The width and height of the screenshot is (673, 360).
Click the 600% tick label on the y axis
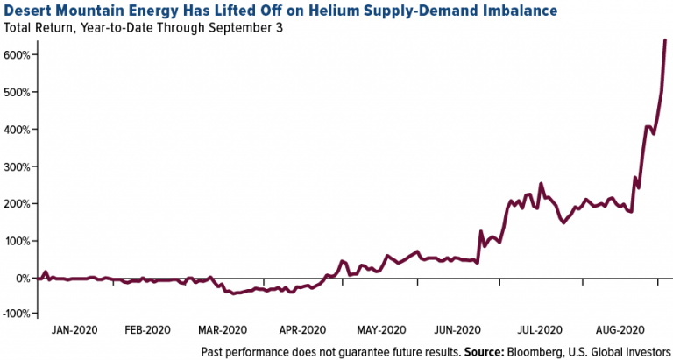tap(18, 55)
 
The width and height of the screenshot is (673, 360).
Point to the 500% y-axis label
tap(18, 92)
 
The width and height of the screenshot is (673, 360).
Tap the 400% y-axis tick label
tap(18, 130)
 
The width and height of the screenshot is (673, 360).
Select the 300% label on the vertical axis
tap(18, 166)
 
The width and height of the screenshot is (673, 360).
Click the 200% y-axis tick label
tap(18, 203)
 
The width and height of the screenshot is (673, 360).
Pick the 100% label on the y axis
tap(18, 240)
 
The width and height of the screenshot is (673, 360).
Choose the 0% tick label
tap(23, 278)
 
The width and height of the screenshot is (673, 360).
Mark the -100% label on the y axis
tap(16, 314)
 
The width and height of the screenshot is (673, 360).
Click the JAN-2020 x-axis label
tap(74, 331)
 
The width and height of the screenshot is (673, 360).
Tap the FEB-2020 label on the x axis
tap(147, 331)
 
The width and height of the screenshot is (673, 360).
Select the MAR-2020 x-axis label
tap(222, 331)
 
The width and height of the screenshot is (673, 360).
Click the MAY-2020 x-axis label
tap(379, 331)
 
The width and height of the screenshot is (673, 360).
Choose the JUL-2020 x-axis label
tap(538, 331)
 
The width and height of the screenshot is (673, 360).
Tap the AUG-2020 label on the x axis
tap(617, 331)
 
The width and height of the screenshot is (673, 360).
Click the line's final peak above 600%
tap(665, 40)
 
